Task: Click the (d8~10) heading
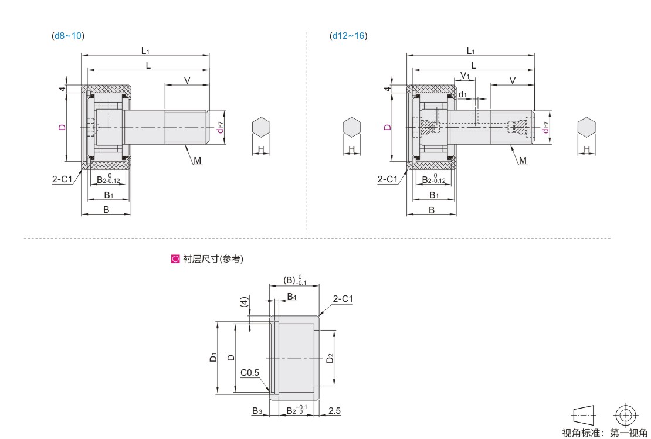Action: pyautogui.click(x=68, y=36)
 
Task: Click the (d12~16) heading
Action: pyautogui.click(x=348, y=36)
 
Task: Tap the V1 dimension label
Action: pyautogui.click(x=465, y=76)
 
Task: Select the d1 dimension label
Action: pyautogui.click(x=463, y=94)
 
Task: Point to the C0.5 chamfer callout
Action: pyautogui.click(x=250, y=373)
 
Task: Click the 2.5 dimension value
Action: pyautogui.click(x=334, y=411)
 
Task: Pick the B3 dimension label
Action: pyautogui.click(x=257, y=411)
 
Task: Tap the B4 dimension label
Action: pyautogui.click(x=292, y=296)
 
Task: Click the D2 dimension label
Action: pyautogui.click(x=330, y=358)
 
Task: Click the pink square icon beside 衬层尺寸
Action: pyautogui.click(x=175, y=259)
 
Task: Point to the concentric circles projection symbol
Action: pyautogui.click(x=626, y=415)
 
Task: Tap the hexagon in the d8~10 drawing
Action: pyautogui.click(x=261, y=127)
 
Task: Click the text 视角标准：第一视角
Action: pyautogui.click(x=604, y=433)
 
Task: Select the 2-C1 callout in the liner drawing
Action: pyautogui.click(x=343, y=299)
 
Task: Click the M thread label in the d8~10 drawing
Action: pyautogui.click(x=197, y=160)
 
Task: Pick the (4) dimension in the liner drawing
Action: pyautogui.click(x=245, y=302)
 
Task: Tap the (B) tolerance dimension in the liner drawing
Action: pyautogui.click(x=295, y=280)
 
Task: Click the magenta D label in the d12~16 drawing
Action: pyautogui.click(x=388, y=127)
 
